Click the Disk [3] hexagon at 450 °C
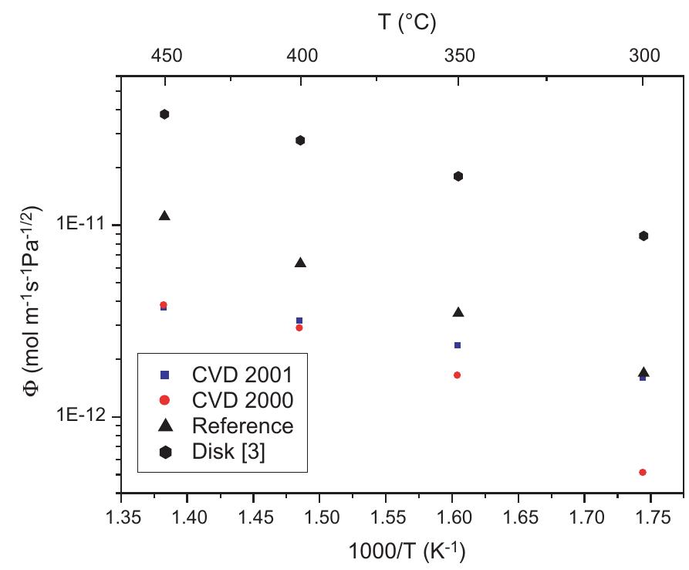point(164,114)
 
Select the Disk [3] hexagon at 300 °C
point(643,236)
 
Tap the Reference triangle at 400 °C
point(300,263)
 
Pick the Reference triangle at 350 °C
point(458,312)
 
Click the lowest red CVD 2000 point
point(643,472)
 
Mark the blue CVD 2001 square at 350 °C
point(458,345)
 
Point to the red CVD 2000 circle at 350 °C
point(458,375)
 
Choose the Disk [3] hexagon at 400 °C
point(300,140)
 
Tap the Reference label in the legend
point(243,426)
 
